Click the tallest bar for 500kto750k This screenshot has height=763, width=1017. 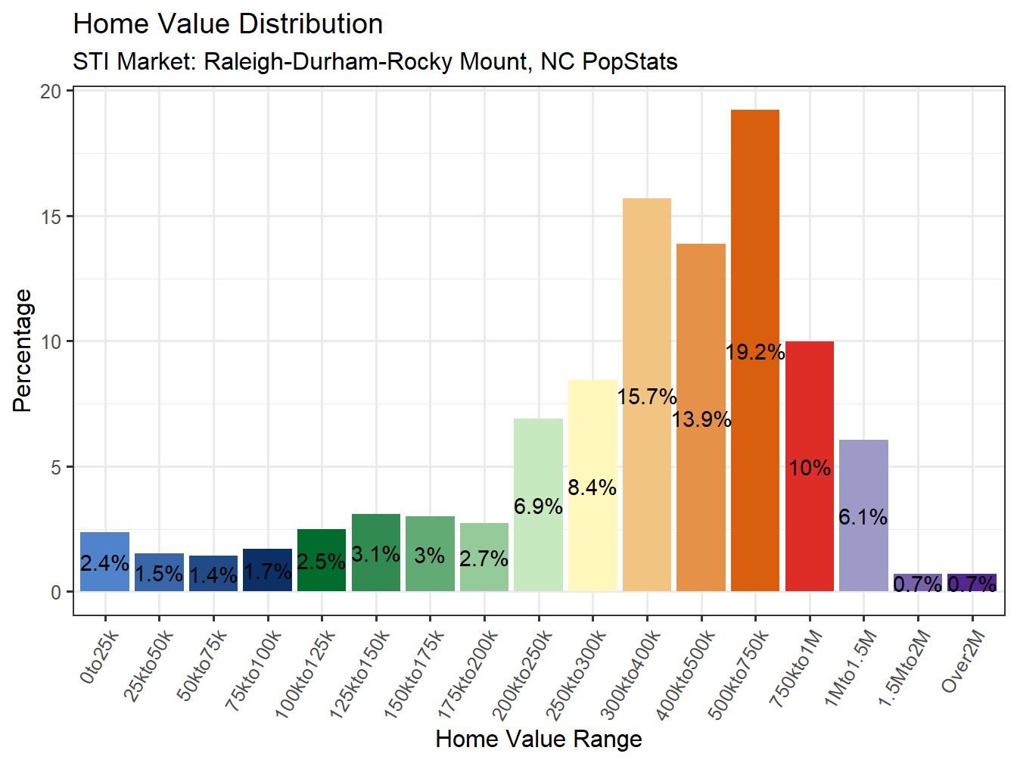pos(754,242)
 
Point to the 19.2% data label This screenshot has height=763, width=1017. pos(754,352)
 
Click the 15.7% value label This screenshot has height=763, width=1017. pos(646,397)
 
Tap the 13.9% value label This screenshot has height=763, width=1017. pos(701,419)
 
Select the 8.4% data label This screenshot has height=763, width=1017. pos(592,488)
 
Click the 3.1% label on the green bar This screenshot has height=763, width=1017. pos(375,555)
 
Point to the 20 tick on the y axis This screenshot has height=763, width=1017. pos(51,92)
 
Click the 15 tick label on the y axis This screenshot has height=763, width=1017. pos(51,217)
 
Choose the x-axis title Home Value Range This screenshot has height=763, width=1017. pos(538,739)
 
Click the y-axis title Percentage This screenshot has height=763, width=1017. pos(23,350)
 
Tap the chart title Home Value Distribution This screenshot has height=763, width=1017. pos(228,24)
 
